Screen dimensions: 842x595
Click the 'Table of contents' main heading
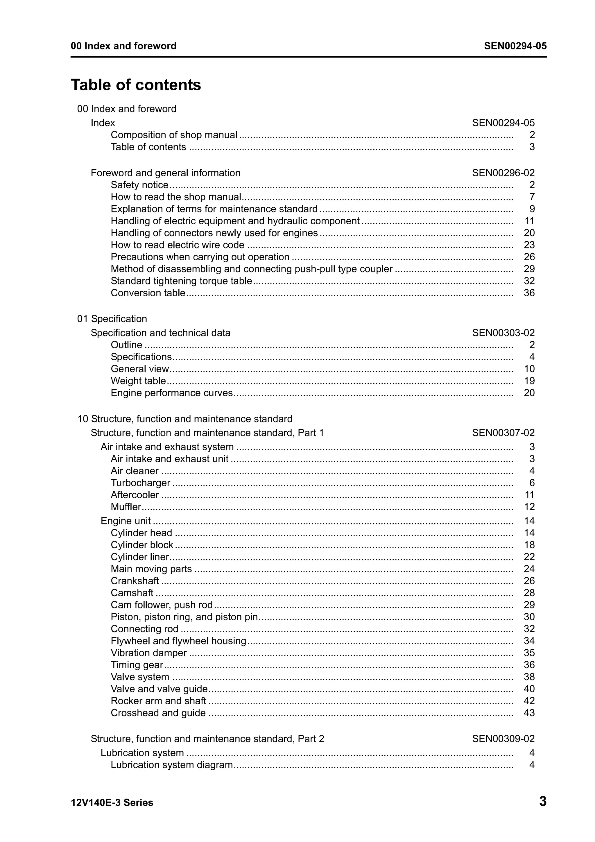point(136,85)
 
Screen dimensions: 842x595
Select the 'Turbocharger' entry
point(140,483)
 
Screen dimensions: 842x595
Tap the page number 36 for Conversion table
point(529,293)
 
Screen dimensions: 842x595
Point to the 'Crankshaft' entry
point(135,581)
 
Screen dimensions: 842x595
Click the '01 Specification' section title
point(112,319)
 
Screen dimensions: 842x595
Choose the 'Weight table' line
point(138,381)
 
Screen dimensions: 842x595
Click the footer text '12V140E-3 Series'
point(112,802)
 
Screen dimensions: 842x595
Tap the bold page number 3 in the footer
point(543,801)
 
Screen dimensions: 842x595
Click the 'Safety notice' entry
point(139,185)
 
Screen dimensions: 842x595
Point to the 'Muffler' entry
point(126,507)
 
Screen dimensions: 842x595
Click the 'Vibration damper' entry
point(148,653)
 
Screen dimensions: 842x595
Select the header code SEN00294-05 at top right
point(515,46)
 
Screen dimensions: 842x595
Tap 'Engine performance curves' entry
point(172,393)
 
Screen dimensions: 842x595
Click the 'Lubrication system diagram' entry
point(172,765)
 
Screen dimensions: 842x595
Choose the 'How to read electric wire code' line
point(178,245)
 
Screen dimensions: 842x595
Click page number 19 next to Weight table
point(529,381)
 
